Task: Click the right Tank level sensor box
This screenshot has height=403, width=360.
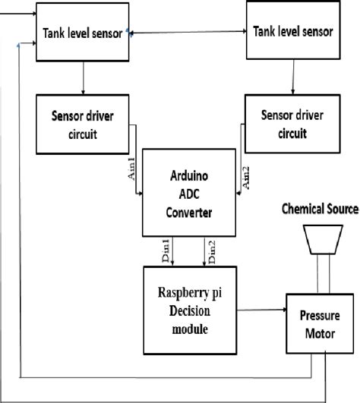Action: click(x=291, y=33)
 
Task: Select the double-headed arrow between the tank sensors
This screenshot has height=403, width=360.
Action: click(x=186, y=32)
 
